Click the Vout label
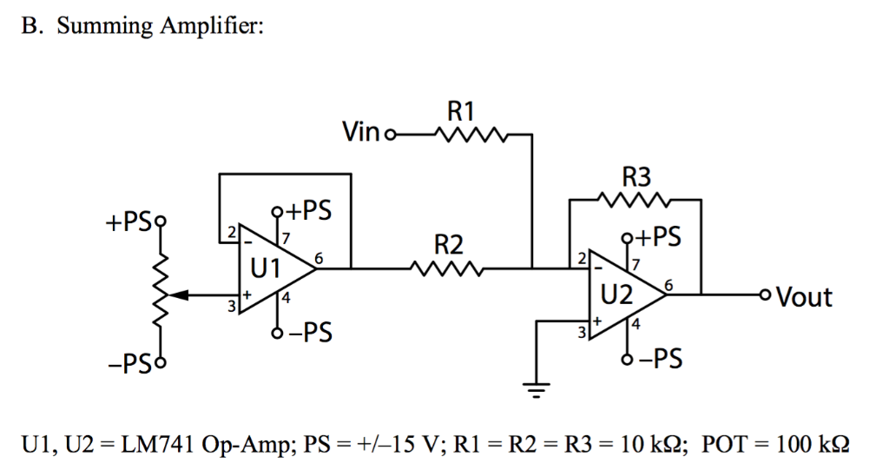point(804,298)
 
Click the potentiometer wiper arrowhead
point(170,295)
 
